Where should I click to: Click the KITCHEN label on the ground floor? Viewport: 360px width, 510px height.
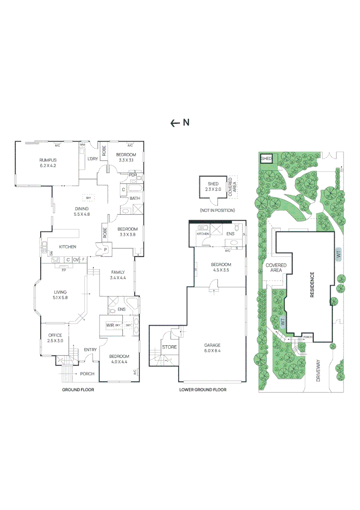pyautogui.click(x=67, y=246)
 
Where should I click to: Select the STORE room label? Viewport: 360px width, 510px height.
pyautogui.click(x=169, y=347)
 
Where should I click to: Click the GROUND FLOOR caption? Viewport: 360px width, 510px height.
pyautogui.click(x=78, y=390)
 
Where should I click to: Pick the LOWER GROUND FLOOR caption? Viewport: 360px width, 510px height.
pyautogui.click(x=203, y=390)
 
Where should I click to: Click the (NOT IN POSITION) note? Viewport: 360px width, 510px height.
pyautogui.click(x=217, y=210)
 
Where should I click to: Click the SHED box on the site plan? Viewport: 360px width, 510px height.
pyautogui.click(x=267, y=159)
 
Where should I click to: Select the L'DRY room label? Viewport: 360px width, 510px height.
pyautogui.click(x=92, y=159)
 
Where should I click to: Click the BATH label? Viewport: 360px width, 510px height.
pyautogui.click(x=135, y=198)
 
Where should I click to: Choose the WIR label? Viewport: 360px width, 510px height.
pyautogui.click(x=110, y=325)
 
